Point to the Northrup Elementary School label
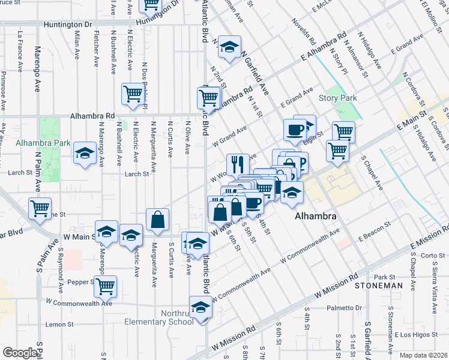pos(158,317)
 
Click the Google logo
pos(20,353)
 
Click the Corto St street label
pos(433,255)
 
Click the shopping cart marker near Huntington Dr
pos(150,5)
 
